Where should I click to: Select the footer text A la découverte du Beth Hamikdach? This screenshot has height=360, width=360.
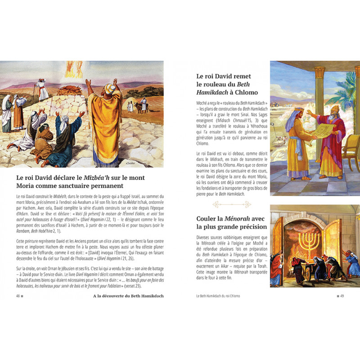128,296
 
